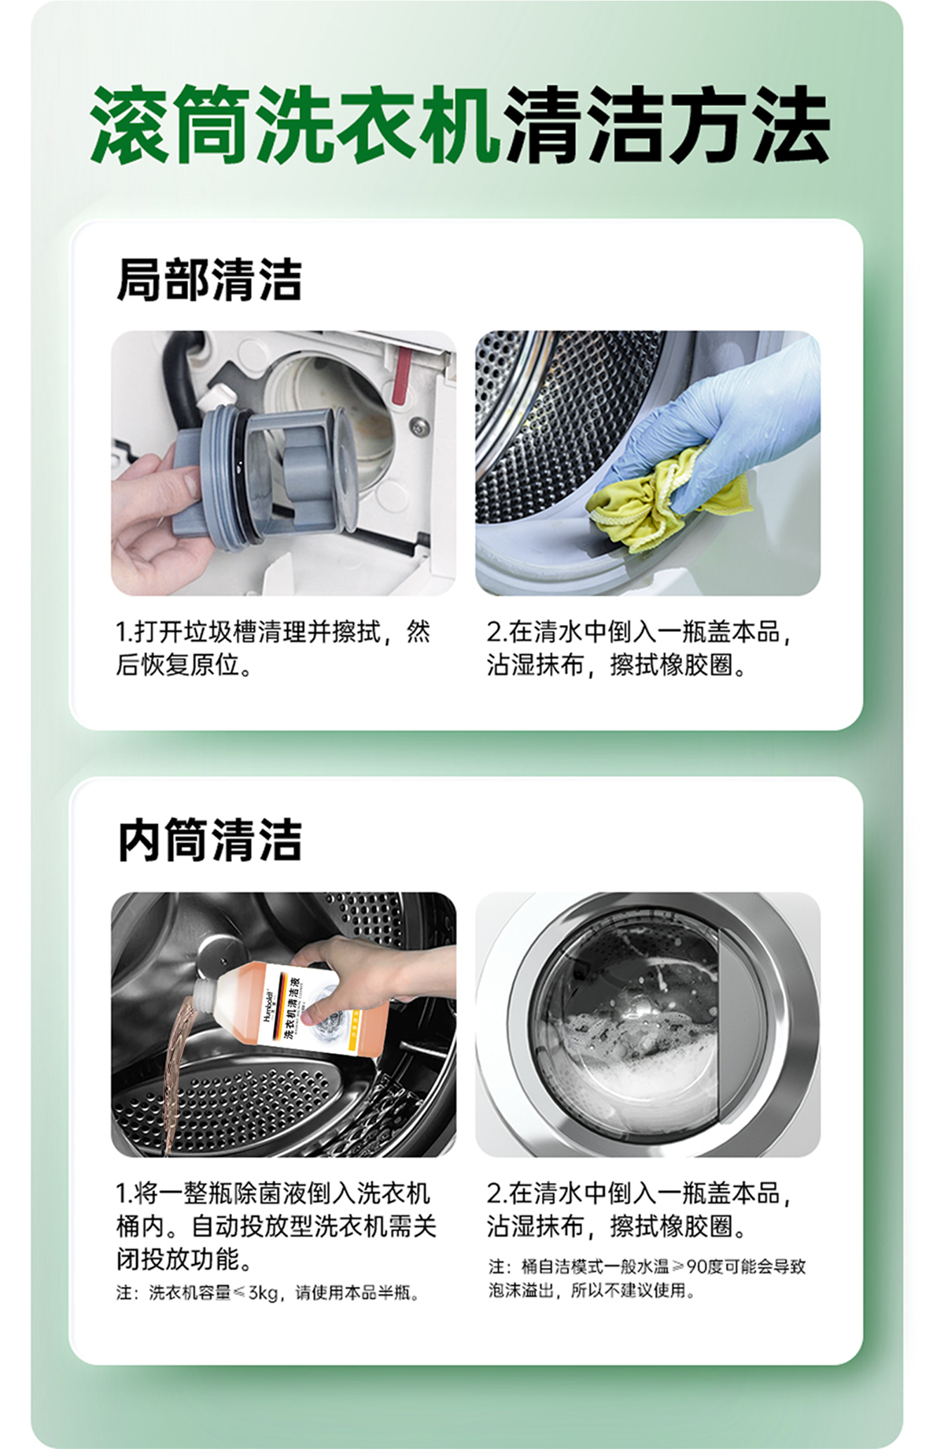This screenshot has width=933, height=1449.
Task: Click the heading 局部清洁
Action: click(x=209, y=280)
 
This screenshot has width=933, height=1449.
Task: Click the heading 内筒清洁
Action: click(x=209, y=840)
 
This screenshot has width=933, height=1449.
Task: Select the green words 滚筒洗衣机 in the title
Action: click(x=294, y=125)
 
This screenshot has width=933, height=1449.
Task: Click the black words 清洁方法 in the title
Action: click(x=667, y=125)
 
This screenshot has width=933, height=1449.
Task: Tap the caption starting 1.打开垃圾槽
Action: click(x=273, y=648)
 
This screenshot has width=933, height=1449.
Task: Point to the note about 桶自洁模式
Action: click(x=647, y=1278)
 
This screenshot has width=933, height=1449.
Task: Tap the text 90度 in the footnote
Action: click(x=704, y=1266)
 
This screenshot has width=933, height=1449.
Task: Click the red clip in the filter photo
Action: click(x=402, y=374)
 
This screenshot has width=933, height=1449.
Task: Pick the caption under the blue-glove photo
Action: click(x=640, y=648)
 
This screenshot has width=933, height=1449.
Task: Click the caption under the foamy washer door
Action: click(x=640, y=1210)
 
